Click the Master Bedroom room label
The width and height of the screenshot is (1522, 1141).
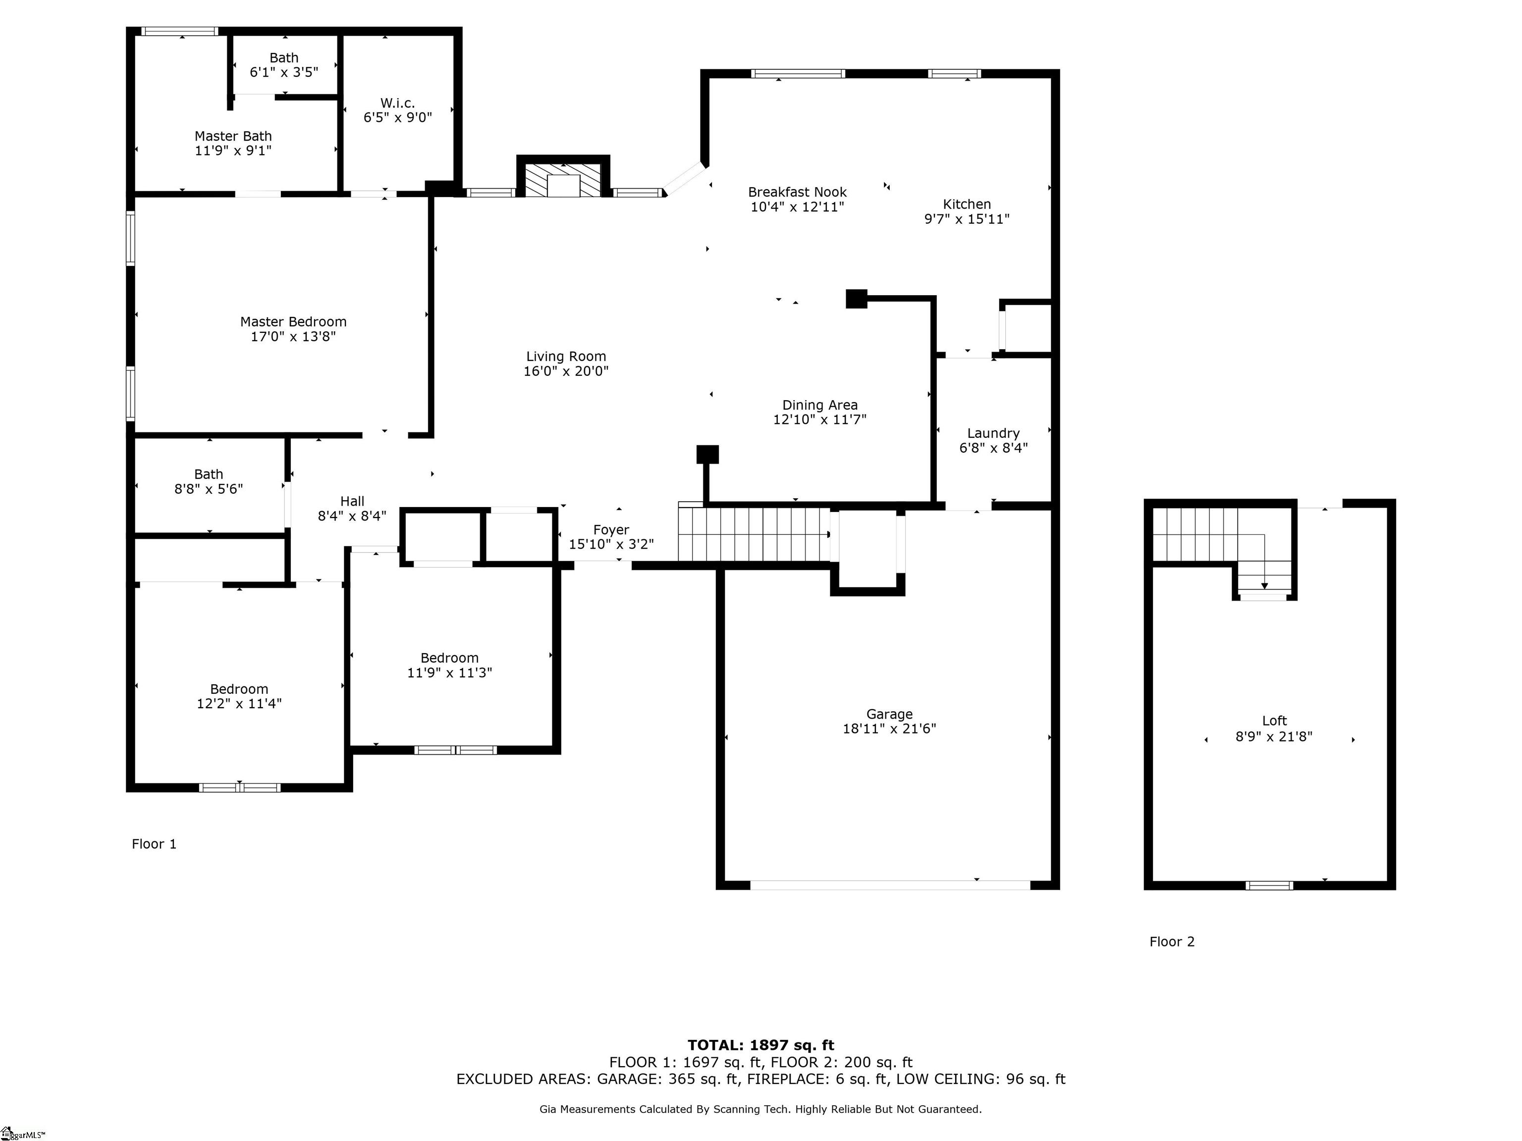click(x=293, y=322)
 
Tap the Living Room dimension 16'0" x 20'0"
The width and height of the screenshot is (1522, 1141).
click(x=566, y=371)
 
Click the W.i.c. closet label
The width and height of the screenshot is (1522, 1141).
click(x=398, y=103)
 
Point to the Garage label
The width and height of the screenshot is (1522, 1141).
click(x=890, y=714)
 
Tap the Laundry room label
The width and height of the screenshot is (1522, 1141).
click(x=993, y=433)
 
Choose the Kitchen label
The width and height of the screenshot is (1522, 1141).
click(x=967, y=204)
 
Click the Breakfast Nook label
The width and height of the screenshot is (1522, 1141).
click(x=798, y=193)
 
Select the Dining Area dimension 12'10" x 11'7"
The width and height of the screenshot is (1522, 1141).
click(x=819, y=419)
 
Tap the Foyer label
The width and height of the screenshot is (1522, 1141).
click(x=611, y=529)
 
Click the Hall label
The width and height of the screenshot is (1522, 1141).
click(x=352, y=501)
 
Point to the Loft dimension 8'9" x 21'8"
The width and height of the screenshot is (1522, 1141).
click(x=1274, y=736)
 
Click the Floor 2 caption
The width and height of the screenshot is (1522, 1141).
click(x=1172, y=941)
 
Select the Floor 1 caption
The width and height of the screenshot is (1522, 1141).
click(x=154, y=844)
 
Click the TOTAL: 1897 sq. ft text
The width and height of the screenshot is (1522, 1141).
click(x=761, y=1046)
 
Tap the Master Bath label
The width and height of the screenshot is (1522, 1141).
click(x=233, y=136)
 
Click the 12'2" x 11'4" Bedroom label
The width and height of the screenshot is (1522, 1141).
click(x=239, y=689)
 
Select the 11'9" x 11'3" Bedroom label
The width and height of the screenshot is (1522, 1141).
click(x=450, y=658)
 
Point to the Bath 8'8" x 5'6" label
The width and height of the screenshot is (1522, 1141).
click(x=209, y=474)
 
